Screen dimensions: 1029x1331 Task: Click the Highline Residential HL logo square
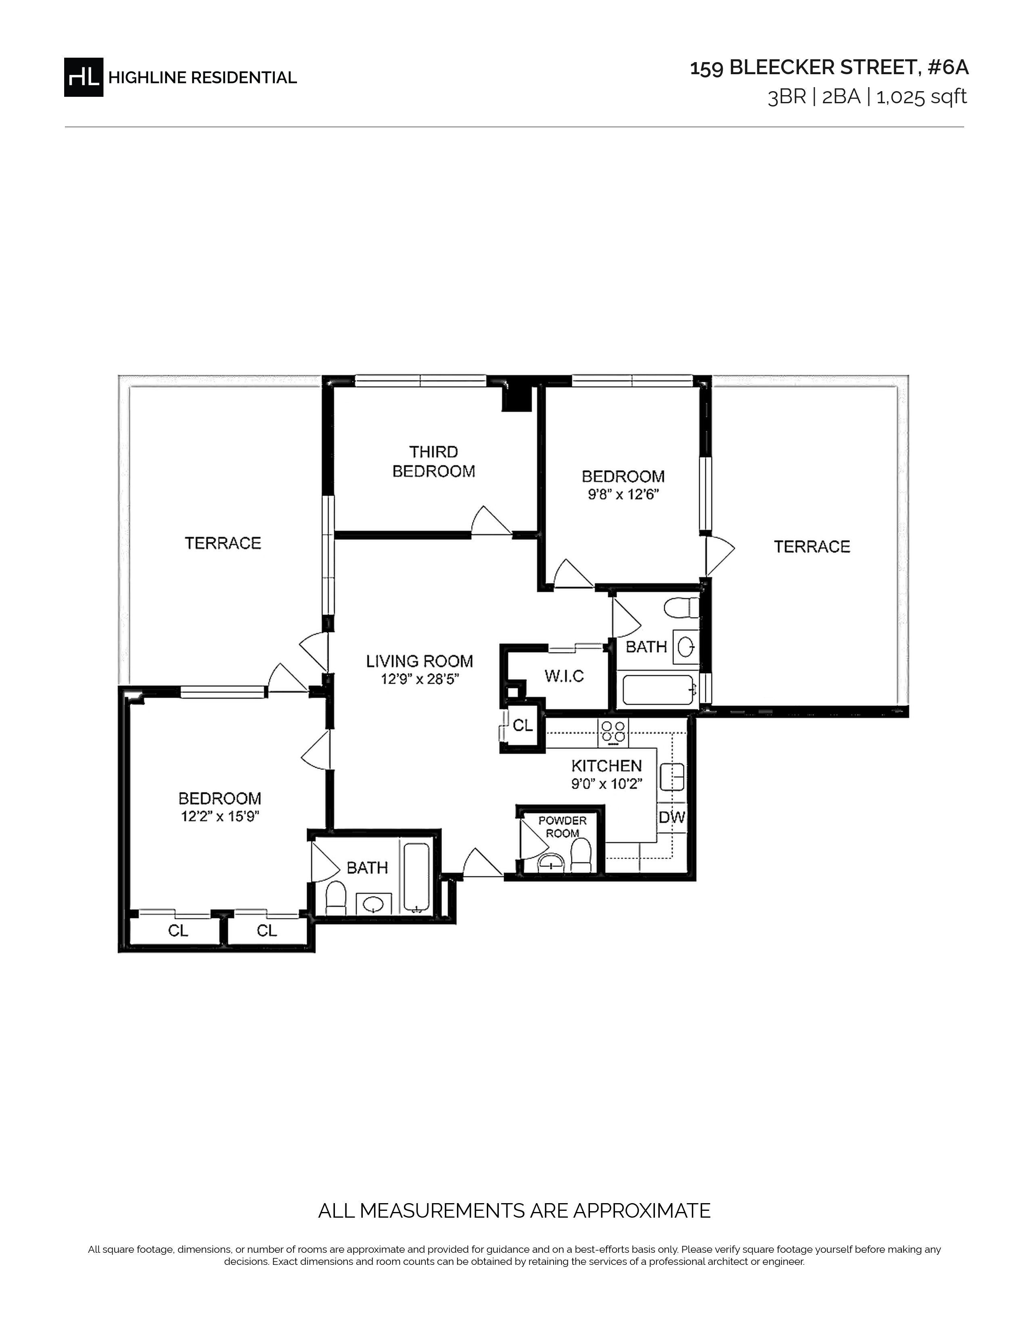click(84, 77)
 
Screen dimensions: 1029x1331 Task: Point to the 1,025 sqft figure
click(921, 97)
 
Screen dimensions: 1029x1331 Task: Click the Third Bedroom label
click(433, 461)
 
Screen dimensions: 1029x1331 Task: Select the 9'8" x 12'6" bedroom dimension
click(623, 494)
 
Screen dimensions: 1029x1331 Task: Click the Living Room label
click(419, 661)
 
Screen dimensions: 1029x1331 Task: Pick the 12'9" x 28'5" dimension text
click(419, 679)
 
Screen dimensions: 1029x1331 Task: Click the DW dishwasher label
click(672, 817)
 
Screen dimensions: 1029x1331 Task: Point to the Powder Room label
click(562, 827)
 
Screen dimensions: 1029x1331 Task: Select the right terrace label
click(812, 547)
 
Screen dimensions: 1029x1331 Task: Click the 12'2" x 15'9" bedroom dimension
click(220, 816)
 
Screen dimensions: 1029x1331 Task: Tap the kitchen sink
click(672, 777)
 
